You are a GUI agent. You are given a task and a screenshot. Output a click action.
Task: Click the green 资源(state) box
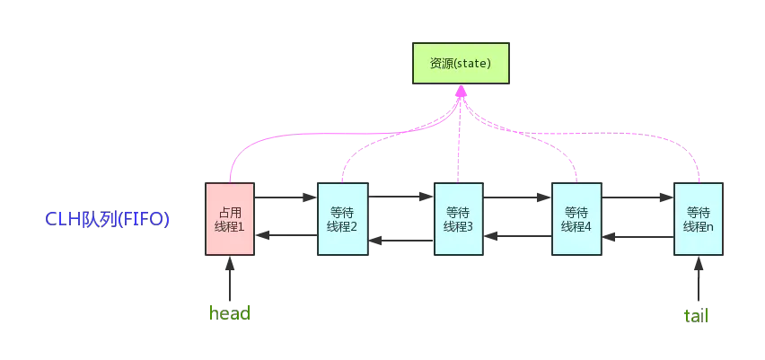[x=461, y=64]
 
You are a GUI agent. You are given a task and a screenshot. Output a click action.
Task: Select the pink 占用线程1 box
[x=230, y=219]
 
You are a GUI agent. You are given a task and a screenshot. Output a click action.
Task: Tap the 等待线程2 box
[x=342, y=220]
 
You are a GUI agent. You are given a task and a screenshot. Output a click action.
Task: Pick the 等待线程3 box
[x=458, y=220]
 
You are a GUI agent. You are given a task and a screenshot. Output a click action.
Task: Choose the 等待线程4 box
[x=576, y=220]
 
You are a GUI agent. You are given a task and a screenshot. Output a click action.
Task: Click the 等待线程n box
[x=698, y=220]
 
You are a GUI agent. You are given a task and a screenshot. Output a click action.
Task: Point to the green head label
[x=229, y=313]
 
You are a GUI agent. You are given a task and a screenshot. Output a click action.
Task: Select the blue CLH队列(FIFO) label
[x=107, y=219]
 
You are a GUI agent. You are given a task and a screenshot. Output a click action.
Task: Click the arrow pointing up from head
[x=230, y=278]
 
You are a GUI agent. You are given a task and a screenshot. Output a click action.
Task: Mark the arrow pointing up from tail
[x=698, y=278]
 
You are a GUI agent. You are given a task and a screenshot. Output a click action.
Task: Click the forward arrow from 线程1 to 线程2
[x=286, y=197]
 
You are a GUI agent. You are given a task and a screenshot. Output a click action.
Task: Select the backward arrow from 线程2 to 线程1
[x=286, y=236]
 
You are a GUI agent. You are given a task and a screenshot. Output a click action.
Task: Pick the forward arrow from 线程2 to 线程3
[x=400, y=197]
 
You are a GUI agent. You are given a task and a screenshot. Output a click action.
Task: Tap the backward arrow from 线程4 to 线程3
[x=518, y=237]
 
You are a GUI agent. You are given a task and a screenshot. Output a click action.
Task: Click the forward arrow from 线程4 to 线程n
[x=637, y=197]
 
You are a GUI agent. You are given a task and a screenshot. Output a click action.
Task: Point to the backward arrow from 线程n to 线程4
[x=637, y=237]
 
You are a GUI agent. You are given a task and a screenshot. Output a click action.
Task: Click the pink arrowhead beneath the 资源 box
[x=461, y=92]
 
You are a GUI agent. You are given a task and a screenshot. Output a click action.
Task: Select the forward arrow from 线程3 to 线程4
[x=517, y=197]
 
